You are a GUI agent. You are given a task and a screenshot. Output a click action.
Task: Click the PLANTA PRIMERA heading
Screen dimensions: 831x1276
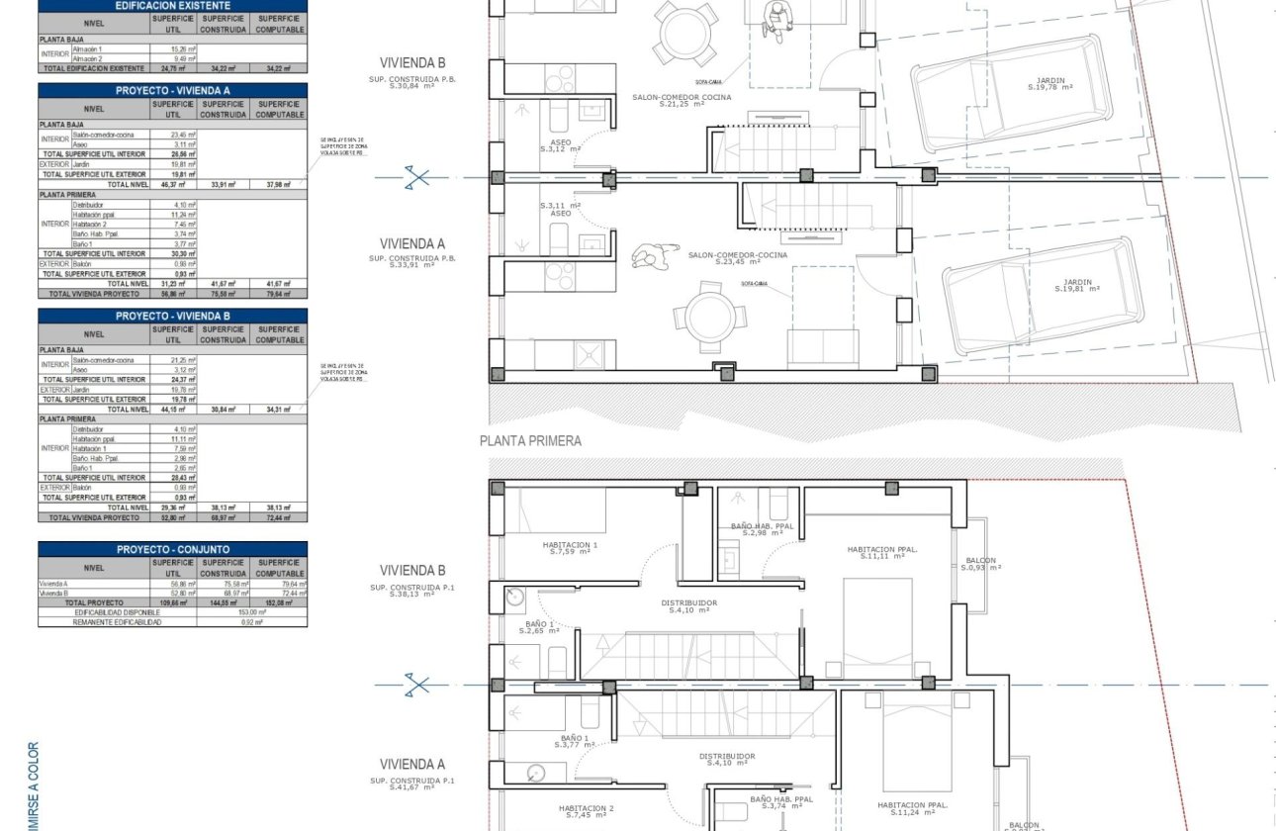tap(530, 441)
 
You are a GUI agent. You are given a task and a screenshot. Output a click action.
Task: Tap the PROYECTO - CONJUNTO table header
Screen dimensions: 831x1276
tap(172, 549)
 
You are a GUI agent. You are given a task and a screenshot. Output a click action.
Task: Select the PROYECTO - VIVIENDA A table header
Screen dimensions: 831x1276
tap(172, 90)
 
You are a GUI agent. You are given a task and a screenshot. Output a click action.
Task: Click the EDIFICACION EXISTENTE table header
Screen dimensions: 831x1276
tap(172, 5)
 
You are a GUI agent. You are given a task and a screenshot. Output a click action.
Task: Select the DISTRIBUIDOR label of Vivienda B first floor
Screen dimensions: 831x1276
tap(690, 605)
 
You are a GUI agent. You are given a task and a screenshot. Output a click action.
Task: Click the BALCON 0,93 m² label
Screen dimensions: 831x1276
tap(980, 564)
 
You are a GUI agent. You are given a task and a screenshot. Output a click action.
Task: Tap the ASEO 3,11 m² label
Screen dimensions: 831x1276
tap(561, 209)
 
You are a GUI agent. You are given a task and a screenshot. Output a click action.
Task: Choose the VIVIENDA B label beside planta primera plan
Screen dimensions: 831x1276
tap(412, 571)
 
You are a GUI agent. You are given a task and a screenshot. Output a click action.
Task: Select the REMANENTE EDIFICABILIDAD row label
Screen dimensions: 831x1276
tap(118, 621)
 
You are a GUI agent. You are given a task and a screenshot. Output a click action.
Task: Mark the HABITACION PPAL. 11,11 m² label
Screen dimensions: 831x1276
tap(883, 552)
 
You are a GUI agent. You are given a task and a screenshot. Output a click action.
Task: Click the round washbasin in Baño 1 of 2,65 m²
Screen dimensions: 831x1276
tap(514, 597)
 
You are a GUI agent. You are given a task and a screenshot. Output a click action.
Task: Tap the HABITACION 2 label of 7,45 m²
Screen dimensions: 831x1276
tap(586, 811)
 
